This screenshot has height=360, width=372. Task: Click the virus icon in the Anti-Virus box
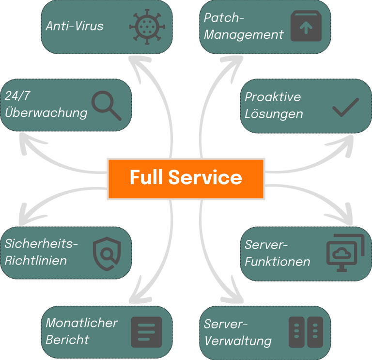tap(147, 27)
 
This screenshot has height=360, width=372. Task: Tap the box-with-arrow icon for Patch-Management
tap(306, 26)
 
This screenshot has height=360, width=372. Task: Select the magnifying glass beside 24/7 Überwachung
tap(107, 106)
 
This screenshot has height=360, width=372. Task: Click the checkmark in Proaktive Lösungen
tap(346, 108)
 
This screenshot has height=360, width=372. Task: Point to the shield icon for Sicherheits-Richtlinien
tap(107, 254)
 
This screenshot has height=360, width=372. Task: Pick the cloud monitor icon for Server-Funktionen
tap(345, 253)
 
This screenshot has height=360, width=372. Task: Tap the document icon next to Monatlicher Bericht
tap(146, 332)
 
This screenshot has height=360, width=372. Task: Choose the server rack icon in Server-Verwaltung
tap(306, 332)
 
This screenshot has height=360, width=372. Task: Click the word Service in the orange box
tap(205, 177)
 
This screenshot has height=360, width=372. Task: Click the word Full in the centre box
tap(146, 177)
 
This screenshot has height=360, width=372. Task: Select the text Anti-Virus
tap(75, 26)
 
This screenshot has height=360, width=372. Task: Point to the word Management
tap(244, 35)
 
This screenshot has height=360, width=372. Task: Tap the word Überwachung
tap(46, 113)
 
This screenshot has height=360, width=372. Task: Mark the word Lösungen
tap(274, 114)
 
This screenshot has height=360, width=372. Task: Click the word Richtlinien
tap(36, 261)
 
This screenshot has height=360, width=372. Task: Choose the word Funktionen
tap(278, 262)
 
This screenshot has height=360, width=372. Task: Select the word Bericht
tap(67, 340)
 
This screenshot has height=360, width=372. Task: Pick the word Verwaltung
tap(238, 341)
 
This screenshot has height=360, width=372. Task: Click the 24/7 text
tap(17, 96)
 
